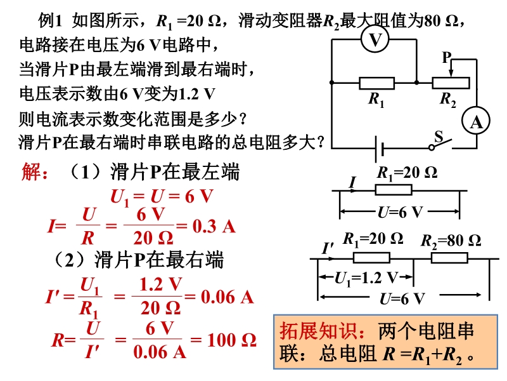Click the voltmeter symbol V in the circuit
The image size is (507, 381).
[376, 40]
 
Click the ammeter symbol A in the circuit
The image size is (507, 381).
[476, 123]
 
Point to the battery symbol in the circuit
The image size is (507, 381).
[380, 150]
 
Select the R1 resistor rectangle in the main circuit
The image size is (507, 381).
[376, 83]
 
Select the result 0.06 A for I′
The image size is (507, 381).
[227, 296]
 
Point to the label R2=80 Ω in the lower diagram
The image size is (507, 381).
[451, 240]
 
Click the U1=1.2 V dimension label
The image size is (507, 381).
[366, 277]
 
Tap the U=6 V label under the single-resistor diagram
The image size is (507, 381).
[399, 212]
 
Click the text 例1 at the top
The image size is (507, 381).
[51, 21]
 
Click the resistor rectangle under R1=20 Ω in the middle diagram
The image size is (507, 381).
[394, 189]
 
